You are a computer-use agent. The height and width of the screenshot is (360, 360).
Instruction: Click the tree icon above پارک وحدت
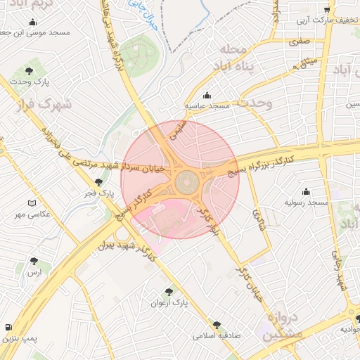click(29, 71)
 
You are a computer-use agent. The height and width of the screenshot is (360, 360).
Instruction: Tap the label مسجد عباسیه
click(207, 105)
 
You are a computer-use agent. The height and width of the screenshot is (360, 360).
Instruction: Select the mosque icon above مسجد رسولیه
click(306, 191)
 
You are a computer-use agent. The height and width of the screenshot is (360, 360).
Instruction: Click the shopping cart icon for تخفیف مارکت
click(327, 9)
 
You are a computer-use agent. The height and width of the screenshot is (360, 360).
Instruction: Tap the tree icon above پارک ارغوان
click(169, 291)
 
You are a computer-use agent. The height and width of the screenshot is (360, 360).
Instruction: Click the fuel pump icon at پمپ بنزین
click(8, 328)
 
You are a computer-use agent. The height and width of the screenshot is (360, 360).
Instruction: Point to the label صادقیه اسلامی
click(217, 336)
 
